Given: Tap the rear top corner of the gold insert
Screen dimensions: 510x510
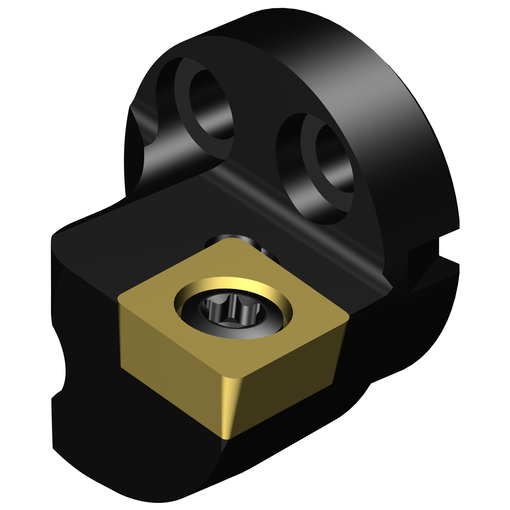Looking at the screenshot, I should tap(231, 240).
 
